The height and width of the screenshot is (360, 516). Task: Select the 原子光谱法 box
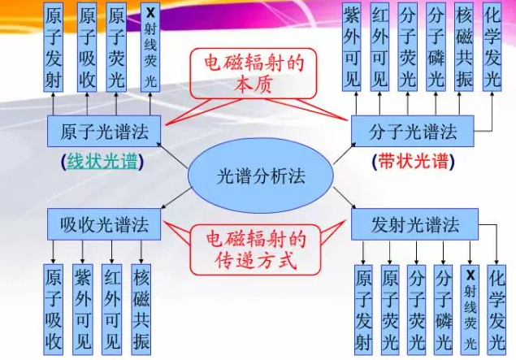point(104,131)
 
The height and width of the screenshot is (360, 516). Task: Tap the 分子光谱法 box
point(412,131)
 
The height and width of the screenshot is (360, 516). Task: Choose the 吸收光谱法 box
point(104,223)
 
